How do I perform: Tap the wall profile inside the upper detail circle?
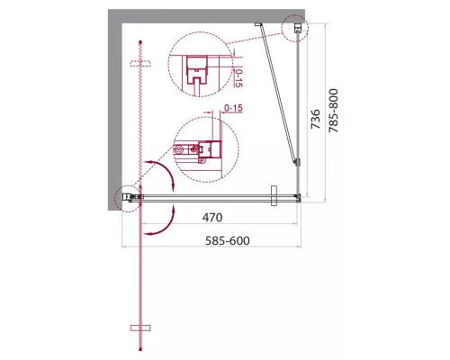pos(194,71)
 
